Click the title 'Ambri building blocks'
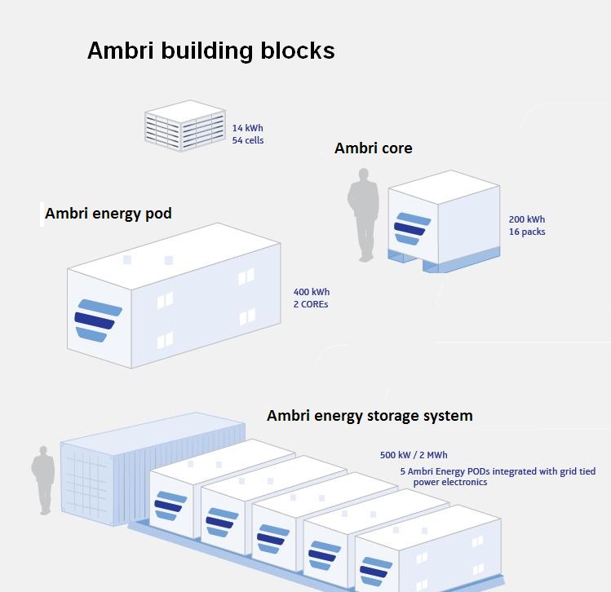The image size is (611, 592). (210, 51)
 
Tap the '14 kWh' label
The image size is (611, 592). (247, 128)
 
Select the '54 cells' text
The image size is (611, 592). (247, 140)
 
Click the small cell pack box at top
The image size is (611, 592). (184, 124)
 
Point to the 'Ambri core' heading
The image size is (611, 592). (373, 148)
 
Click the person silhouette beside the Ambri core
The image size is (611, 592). (363, 214)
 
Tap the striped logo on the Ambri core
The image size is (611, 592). (411, 228)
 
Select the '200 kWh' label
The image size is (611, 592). (526, 219)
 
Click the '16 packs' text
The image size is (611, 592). (526, 232)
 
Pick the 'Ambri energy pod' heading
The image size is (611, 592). (108, 214)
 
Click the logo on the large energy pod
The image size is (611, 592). (97, 320)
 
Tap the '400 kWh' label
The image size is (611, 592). (311, 292)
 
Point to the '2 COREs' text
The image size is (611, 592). (311, 304)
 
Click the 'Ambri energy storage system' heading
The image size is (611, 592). (369, 416)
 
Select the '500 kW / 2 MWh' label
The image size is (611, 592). (413, 455)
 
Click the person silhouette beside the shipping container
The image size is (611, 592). (43, 479)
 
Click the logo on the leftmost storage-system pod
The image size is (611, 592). (170, 505)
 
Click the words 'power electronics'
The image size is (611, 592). (449, 482)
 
